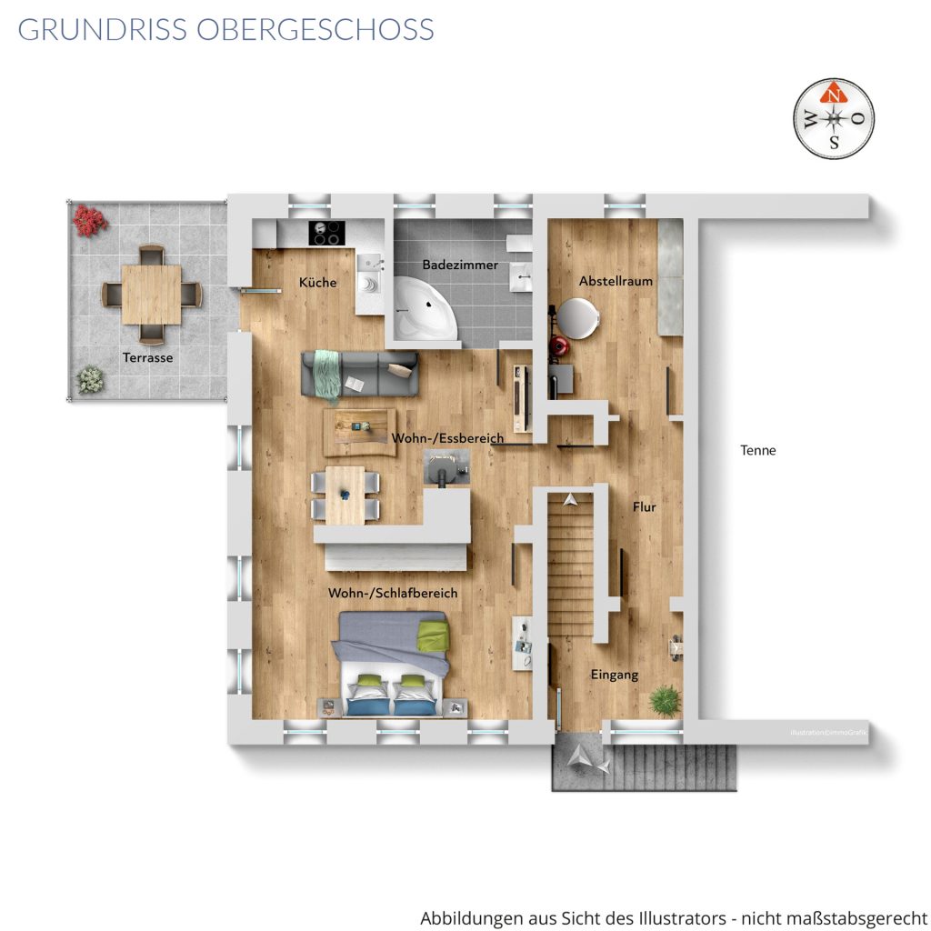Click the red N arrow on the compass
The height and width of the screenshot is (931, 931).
click(834, 94)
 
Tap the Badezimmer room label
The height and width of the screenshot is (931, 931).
click(460, 265)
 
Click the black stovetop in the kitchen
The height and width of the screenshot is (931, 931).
click(326, 232)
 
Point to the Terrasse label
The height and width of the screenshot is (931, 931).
click(148, 357)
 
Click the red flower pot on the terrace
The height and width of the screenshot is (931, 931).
click(90, 220)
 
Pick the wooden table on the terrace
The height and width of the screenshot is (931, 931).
click(152, 295)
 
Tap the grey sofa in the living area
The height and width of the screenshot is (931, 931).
click(360, 374)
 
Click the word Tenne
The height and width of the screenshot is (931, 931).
click(757, 450)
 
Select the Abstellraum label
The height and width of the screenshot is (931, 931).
click(616, 281)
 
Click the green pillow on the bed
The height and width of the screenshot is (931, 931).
click(432, 636)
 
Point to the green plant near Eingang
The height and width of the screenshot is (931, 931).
click(665, 700)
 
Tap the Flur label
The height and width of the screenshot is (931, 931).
click(645, 507)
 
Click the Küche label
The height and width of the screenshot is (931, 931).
click(317, 283)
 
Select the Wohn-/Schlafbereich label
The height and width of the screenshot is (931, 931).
click(393, 593)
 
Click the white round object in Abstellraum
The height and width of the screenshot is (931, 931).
click(577, 318)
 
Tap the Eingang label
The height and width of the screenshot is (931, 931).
click(615, 675)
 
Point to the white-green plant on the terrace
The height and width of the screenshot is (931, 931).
click(90, 379)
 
